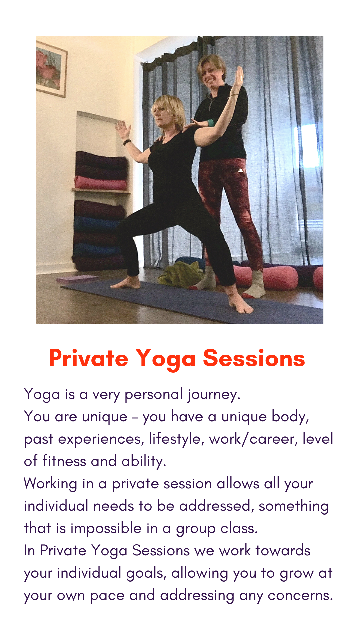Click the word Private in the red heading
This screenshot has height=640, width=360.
[x=89, y=359]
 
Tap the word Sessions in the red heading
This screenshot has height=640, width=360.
[x=254, y=359]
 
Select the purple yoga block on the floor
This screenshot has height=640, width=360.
[x=77, y=279]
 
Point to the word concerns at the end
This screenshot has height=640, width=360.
[x=300, y=596]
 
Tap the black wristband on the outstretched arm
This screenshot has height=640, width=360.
[x=127, y=143]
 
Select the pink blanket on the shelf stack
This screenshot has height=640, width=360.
[x=100, y=183]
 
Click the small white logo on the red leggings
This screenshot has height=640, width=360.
[x=240, y=170]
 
